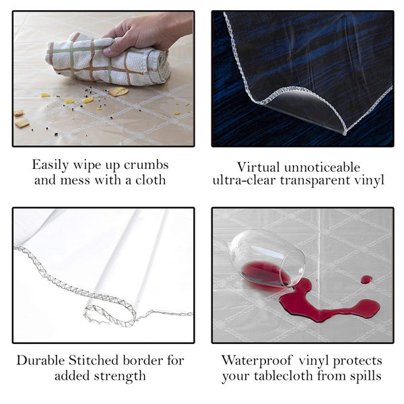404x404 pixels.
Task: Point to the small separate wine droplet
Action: pos(366,279)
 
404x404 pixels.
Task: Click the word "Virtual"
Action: pos(259,166)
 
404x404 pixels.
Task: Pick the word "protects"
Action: pos(360,360)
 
